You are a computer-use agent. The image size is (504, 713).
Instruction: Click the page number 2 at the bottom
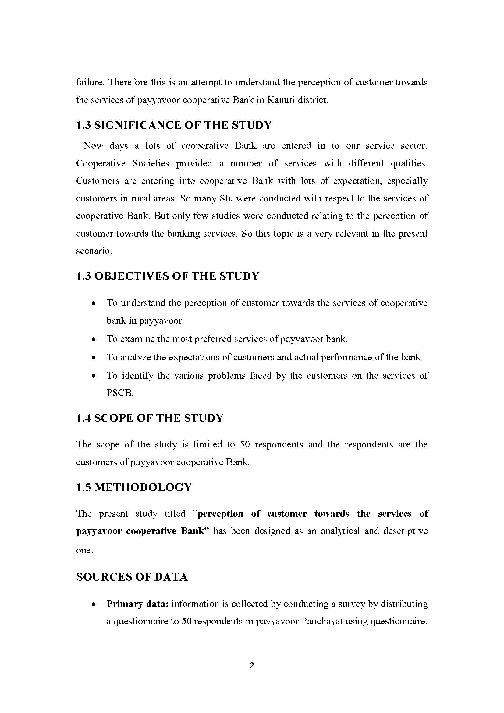pos(252,665)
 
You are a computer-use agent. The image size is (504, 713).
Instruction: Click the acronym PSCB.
pos(120,393)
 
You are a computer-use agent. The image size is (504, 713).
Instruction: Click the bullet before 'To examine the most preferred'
pos(94,339)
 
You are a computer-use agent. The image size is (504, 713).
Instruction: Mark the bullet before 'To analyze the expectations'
pos(94,358)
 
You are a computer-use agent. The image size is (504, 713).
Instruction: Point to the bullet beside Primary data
pos(94,604)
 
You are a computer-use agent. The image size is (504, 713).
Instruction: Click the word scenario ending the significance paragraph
pos(94,251)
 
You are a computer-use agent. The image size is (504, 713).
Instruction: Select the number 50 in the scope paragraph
pos(245,444)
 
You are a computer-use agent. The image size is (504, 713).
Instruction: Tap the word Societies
pos(151,163)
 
